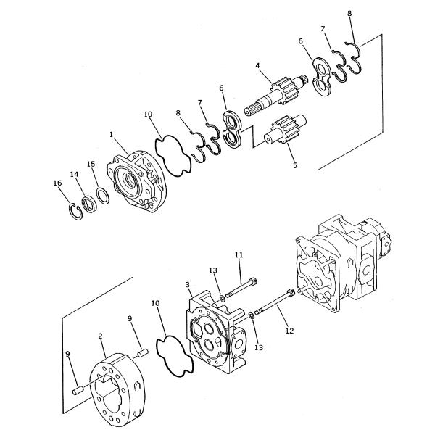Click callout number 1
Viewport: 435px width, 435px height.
pyautogui.click(x=111, y=134)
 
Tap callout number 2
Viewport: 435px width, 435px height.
pyautogui.click(x=101, y=336)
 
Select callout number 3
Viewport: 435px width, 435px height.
pyautogui.click(x=188, y=284)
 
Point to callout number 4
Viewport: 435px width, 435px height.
pyautogui.click(x=257, y=67)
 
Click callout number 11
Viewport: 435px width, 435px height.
pyautogui.click(x=239, y=255)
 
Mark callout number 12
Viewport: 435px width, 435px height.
pyautogui.click(x=289, y=331)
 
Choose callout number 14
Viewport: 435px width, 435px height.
pyautogui.click(x=74, y=175)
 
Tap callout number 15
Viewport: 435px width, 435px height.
pyautogui.click(x=91, y=164)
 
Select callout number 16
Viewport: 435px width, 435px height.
pyautogui.click(x=57, y=184)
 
